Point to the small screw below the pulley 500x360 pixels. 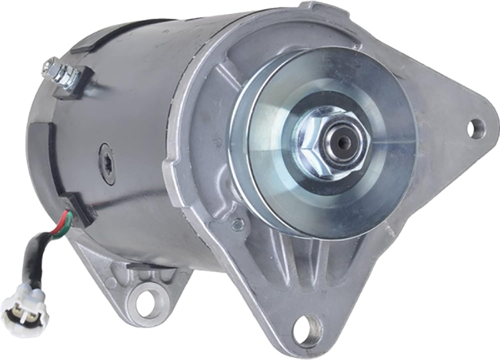[237, 223]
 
